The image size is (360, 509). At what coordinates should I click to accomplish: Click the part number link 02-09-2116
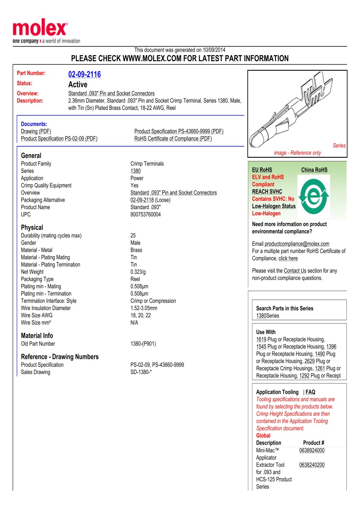pos(84,74)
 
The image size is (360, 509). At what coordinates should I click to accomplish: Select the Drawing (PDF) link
pos(36,131)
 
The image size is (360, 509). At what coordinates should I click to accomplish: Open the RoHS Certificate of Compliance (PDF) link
pos(173,138)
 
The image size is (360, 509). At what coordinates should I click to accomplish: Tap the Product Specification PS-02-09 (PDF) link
pos(59,138)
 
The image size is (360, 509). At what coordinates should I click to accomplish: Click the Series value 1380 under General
pos(136,171)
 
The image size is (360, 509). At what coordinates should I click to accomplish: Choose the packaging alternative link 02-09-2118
pos(142,200)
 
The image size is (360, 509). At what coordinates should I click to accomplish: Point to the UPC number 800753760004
pos(146,214)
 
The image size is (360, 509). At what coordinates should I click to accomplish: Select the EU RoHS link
pos(262,170)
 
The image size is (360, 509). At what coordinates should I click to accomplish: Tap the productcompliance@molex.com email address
pos(297,244)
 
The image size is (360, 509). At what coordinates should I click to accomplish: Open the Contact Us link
pos(295,271)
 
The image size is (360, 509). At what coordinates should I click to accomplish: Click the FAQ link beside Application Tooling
pos(310,392)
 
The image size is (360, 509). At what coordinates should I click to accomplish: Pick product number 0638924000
pos(312,450)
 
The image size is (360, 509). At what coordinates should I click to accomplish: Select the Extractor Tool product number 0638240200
pos(312,465)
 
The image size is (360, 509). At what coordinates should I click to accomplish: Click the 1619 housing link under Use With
pos(261,339)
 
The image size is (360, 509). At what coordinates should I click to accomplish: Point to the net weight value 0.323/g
pos(138,272)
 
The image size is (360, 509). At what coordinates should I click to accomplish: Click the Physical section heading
pos(32,227)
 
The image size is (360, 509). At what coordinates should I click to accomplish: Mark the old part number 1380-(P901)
pos(143,344)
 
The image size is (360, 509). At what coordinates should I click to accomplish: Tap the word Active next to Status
pos(78,84)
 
